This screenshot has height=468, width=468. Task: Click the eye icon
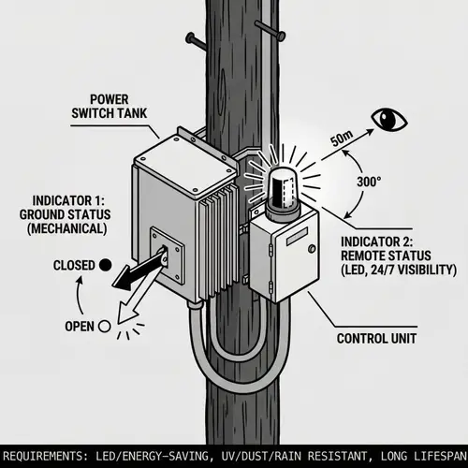click(387, 119)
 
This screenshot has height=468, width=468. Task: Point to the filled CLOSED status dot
click(106, 265)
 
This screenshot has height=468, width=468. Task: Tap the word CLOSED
click(74, 265)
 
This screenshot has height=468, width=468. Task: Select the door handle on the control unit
click(310, 249)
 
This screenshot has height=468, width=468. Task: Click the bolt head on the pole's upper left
click(192, 39)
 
